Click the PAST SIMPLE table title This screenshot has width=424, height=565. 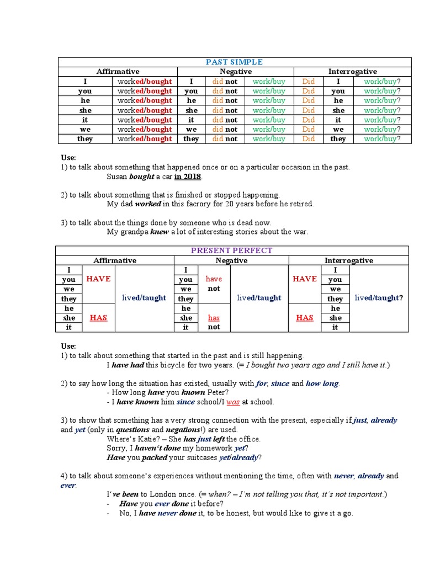tap(234, 62)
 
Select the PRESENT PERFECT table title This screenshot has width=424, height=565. tap(231, 250)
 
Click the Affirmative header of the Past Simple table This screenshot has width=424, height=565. tap(118, 72)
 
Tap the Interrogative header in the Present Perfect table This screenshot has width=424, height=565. tap(348, 260)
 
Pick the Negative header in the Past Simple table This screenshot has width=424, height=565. tap(236, 72)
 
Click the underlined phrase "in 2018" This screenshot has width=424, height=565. tap(188, 177)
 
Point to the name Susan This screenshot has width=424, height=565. tap(117, 177)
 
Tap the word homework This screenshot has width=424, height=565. tap(214, 448)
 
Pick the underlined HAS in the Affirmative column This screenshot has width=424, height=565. tap(98, 318)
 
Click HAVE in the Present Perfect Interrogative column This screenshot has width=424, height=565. tap(304, 279)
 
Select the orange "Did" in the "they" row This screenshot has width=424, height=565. tap(308, 138)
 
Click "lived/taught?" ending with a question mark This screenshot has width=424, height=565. tap(379, 298)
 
